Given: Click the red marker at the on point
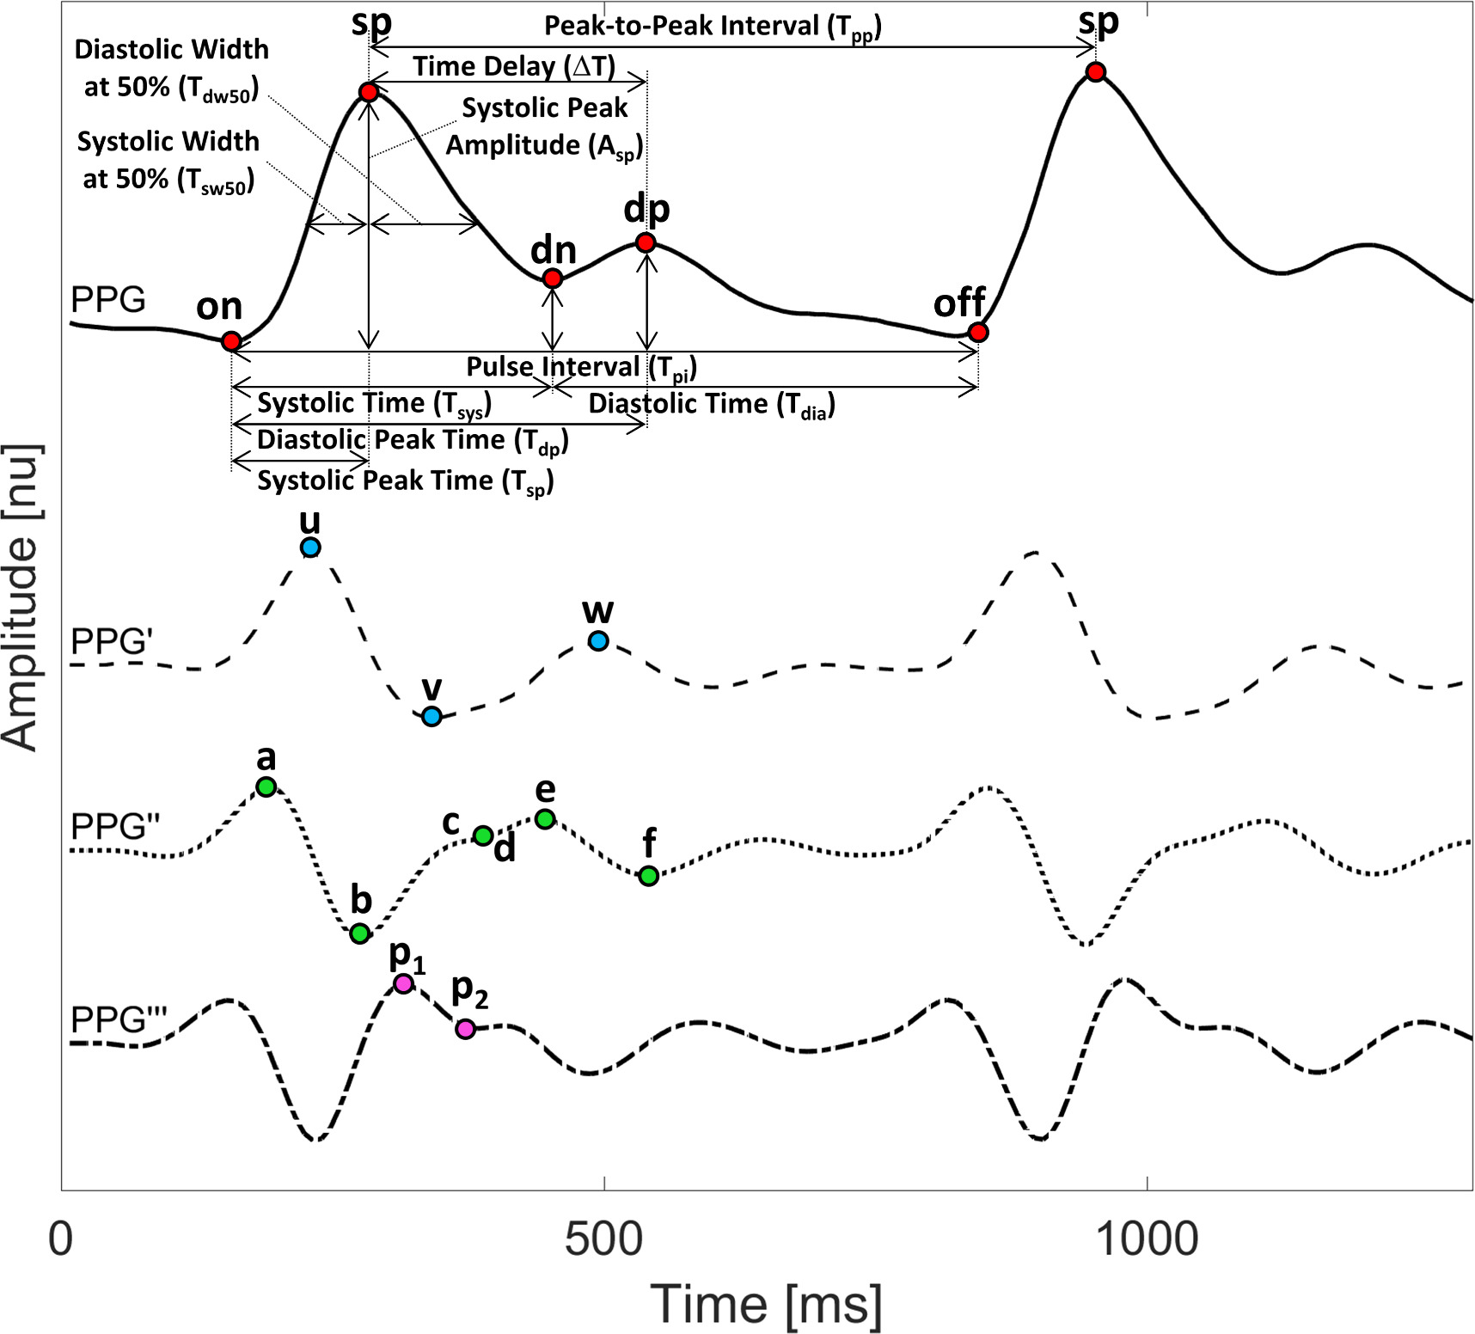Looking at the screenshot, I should [x=230, y=341].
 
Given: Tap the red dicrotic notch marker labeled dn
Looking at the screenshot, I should [x=553, y=278].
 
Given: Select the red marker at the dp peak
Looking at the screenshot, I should [x=646, y=243].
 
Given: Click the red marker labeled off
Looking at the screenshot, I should [x=977, y=332].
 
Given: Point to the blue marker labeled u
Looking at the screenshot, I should [x=310, y=548].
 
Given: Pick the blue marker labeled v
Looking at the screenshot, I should [x=431, y=716].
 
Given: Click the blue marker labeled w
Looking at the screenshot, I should [x=598, y=640].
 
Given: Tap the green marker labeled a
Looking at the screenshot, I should [x=266, y=786].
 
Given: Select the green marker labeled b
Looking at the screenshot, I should [x=360, y=933].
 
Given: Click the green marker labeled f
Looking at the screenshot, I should [x=649, y=876].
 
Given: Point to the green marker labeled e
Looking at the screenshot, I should [x=545, y=819].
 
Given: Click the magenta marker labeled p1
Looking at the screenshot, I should [x=403, y=983].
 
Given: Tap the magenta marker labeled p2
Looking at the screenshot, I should [x=465, y=1029].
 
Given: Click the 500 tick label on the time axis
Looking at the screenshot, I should [x=604, y=1239].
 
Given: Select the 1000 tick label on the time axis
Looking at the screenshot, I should [x=1148, y=1239].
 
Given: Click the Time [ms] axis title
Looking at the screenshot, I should [x=766, y=1304].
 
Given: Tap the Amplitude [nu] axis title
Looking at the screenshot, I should [x=22, y=597].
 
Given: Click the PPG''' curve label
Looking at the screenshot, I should [x=119, y=1019].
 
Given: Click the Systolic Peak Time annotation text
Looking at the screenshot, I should [x=405, y=481].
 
